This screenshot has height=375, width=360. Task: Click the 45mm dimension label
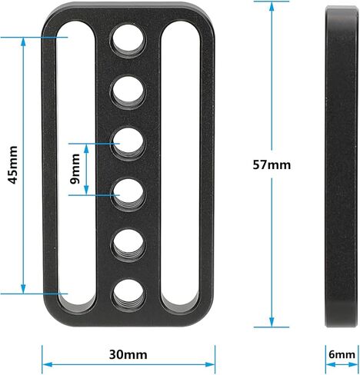12,164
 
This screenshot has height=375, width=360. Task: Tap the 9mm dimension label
75,169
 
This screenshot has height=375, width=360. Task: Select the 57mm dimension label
272,164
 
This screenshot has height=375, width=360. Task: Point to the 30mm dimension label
128,355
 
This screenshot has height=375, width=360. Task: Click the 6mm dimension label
342,355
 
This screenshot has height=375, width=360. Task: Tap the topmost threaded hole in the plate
128,40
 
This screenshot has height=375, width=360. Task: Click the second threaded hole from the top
128,91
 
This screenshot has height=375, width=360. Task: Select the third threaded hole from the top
128,144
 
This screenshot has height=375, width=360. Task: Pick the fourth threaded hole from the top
128,194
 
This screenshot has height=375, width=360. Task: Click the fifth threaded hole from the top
128,245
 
